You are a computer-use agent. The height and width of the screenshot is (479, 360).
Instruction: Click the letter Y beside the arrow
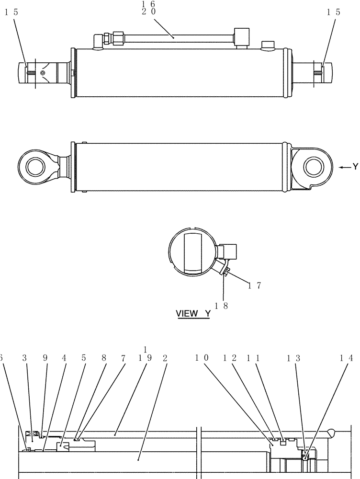[355, 167]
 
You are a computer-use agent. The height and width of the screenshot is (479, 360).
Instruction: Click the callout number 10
[203, 358]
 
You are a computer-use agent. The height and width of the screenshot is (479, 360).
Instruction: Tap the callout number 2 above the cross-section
[165, 358]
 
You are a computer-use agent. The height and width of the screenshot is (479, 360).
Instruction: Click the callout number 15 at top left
[11, 13]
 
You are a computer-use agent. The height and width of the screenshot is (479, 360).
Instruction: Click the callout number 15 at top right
[334, 13]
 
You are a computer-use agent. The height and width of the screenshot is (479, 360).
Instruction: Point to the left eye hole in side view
[35, 168]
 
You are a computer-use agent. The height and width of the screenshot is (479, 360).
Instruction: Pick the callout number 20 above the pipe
[148, 12]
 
